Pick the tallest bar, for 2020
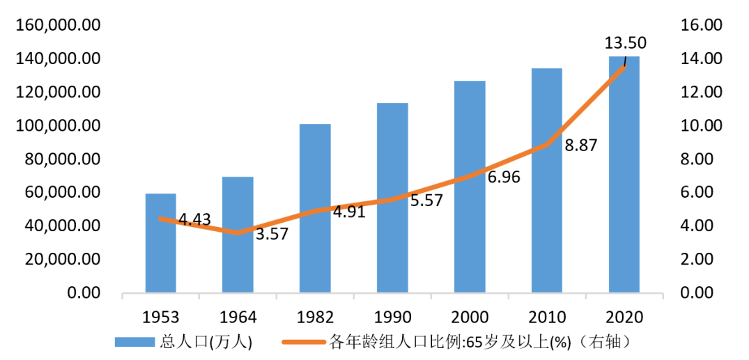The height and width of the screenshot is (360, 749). coord(624,174)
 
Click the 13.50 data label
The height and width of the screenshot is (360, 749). coord(625,43)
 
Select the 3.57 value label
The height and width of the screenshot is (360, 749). coord(271,234)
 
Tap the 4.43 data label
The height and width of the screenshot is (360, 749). coord(194,221)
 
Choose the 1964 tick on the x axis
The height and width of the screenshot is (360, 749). coord(238,318)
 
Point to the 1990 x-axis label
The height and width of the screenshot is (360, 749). coord(392,318)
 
